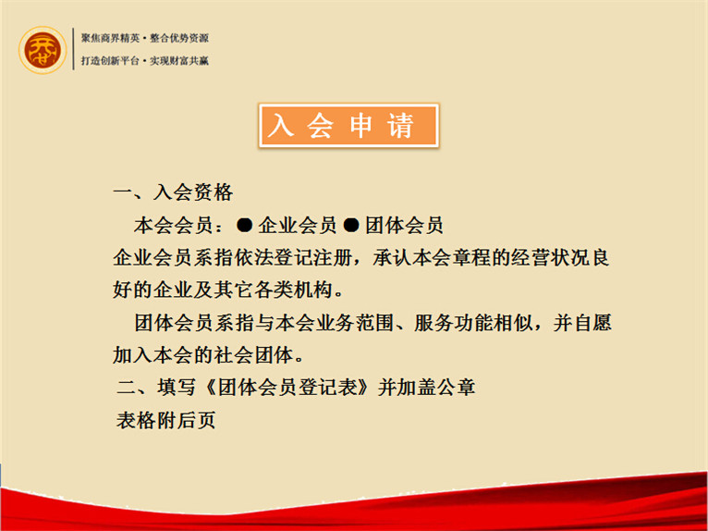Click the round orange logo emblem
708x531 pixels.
coord(43,50)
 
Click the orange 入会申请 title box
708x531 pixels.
coord(348,126)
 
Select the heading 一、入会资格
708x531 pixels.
coord(173,192)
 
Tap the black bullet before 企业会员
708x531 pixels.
coord(245,225)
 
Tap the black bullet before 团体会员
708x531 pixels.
coord(351,225)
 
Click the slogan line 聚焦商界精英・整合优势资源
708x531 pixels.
coord(145,39)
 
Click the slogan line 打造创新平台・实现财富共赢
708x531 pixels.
coord(145,60)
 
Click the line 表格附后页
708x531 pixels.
coord(165,420)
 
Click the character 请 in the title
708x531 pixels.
coord(400,126)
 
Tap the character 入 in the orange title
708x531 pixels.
coord(281,126)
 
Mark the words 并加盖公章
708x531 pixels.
coord(426,388)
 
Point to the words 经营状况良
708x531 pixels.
coord(560,258)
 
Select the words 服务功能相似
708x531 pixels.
coord(473,323)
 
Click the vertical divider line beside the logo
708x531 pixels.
coord(74,49)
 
